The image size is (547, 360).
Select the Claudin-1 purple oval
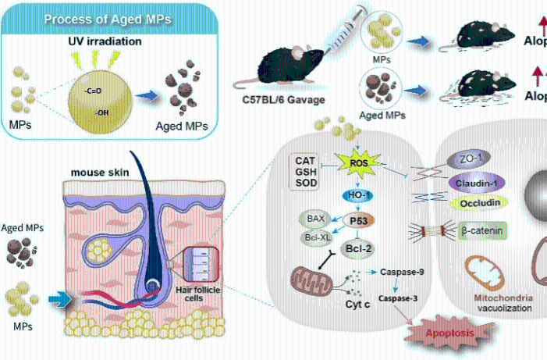pos(478,182)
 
